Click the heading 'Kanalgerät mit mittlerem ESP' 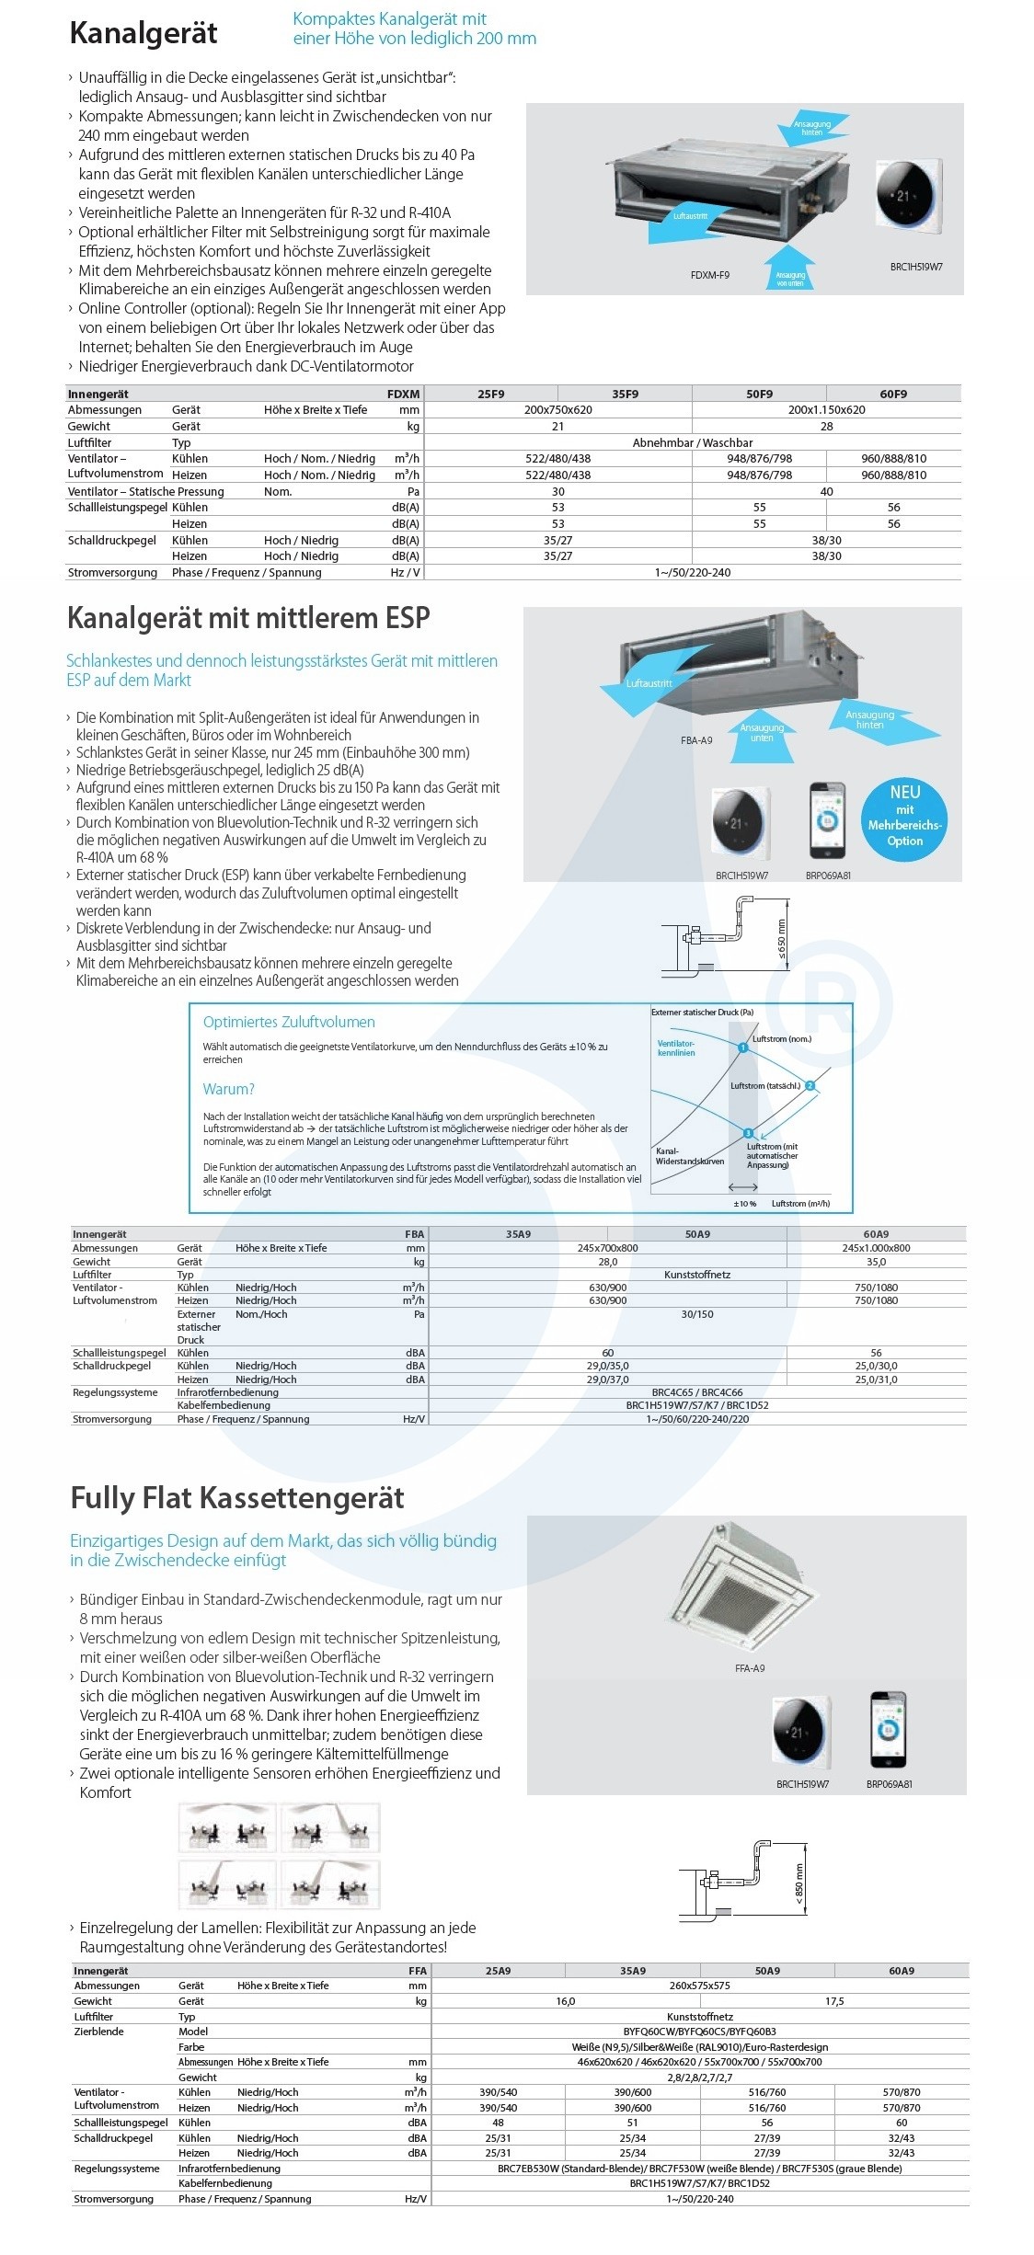tap(248, 618)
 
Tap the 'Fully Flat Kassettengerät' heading tap(237, 1498)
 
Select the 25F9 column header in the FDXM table tap(491, 394)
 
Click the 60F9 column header tap(893, 394)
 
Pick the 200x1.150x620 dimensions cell tap(826, 410)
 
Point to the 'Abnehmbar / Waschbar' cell tap(692, 442)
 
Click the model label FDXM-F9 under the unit tap(709, 275)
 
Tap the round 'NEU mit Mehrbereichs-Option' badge tap(904, 816)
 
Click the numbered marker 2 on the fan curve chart tap(810, 1086)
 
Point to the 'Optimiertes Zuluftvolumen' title tap(289, 1022)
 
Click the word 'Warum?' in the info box tap(228, 1089)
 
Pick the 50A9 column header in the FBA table tap(697, 1234)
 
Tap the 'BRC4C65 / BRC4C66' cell tap(697, 1392)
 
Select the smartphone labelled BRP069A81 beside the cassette tap(888, 1730)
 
